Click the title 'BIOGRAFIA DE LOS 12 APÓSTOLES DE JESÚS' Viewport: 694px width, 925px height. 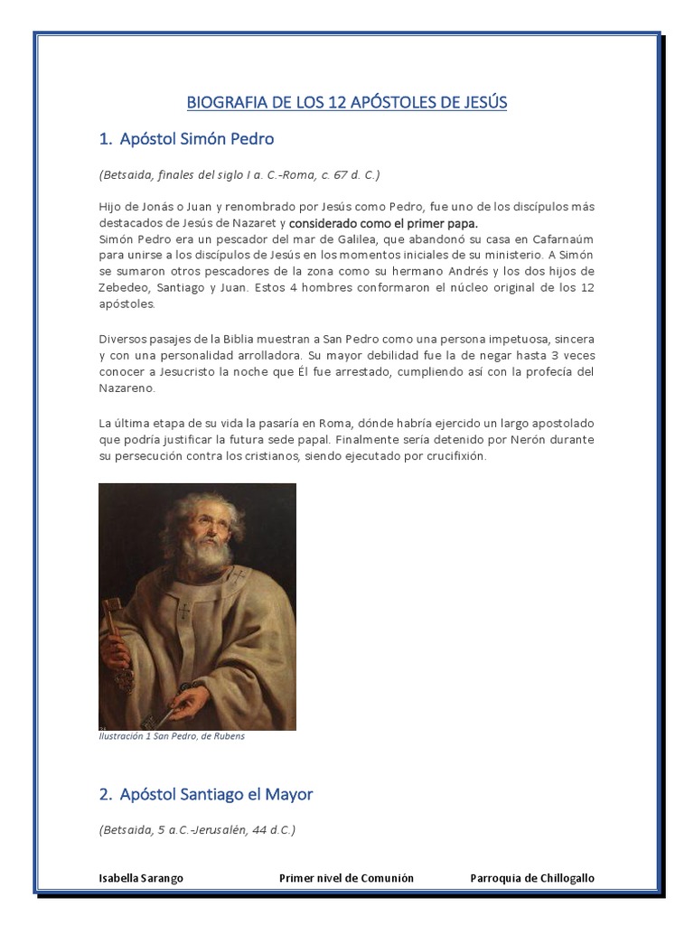347,102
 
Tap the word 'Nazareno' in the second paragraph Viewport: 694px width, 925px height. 127,388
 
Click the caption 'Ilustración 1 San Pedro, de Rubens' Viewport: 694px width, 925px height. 172,736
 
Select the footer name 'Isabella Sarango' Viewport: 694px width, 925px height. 140,879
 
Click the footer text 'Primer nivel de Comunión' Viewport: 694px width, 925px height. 346,879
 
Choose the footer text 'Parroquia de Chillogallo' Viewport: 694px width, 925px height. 532,879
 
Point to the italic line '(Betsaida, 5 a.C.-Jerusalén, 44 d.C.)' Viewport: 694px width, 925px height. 196,829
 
